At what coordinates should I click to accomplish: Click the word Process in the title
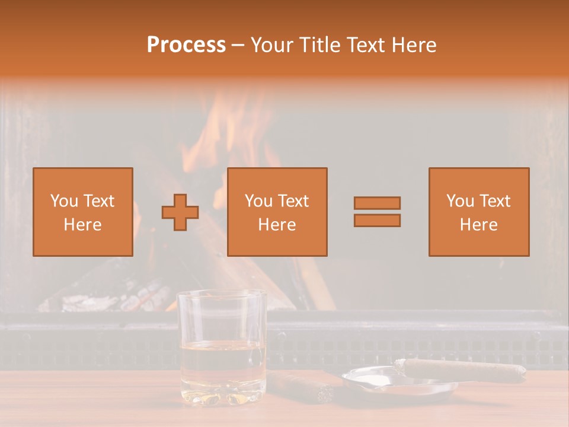186,45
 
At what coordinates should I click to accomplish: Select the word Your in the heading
273,45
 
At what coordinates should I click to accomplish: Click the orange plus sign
180,212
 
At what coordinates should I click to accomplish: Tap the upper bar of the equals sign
377,203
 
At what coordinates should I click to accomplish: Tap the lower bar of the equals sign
377,220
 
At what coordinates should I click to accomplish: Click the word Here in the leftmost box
82,225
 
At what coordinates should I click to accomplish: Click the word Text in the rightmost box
496,201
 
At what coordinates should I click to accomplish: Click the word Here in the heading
413,45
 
